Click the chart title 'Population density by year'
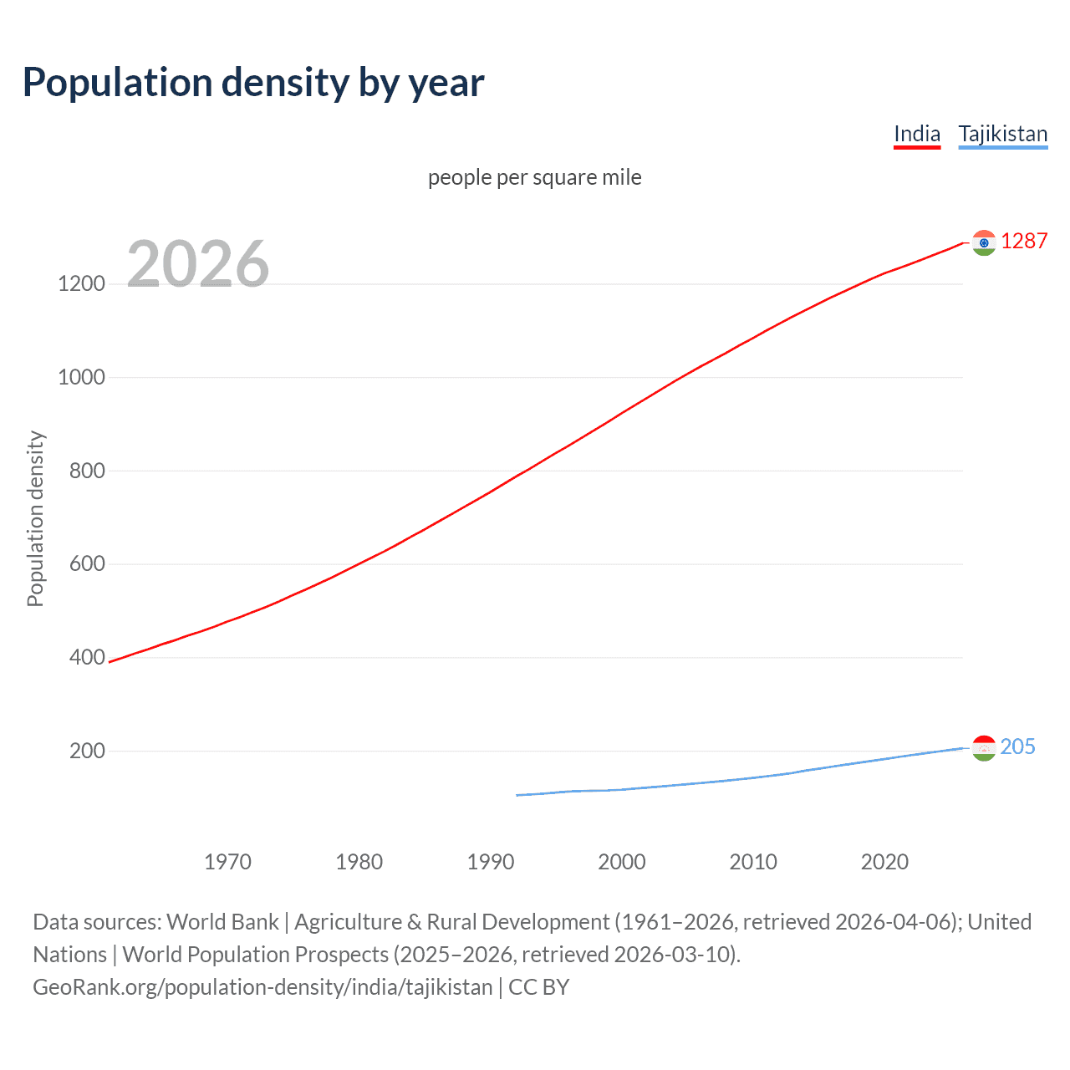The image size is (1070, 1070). tap(253, 83)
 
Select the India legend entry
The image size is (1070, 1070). tap(917, 134)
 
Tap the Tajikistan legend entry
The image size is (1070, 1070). tap(1002, 134)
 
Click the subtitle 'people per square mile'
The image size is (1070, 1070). tap(534, 177)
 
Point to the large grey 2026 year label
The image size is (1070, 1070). tap(198, 264)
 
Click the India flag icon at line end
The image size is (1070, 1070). tap(984, 242)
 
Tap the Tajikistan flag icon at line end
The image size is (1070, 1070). tap(984, 747)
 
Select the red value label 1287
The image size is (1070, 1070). tap(1024, 241)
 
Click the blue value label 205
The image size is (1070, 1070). tap(1017, 746)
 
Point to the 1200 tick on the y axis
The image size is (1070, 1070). tap(82, 284)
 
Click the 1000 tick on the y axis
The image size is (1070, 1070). tap(82, 377)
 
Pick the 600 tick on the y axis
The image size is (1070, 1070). tap(87, 564)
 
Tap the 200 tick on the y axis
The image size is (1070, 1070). tap(87, 751)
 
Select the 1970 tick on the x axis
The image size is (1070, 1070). tap(227, 862)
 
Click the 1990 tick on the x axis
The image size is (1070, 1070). tap(491, 862)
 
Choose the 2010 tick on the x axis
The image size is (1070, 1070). tap(753, 862)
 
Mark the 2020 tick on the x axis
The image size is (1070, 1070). tap(884, 862)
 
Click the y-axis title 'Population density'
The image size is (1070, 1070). tap(35, 518)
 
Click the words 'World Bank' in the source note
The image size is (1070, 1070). tap(222, 922)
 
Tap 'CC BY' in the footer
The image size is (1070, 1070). tap(538, 987)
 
